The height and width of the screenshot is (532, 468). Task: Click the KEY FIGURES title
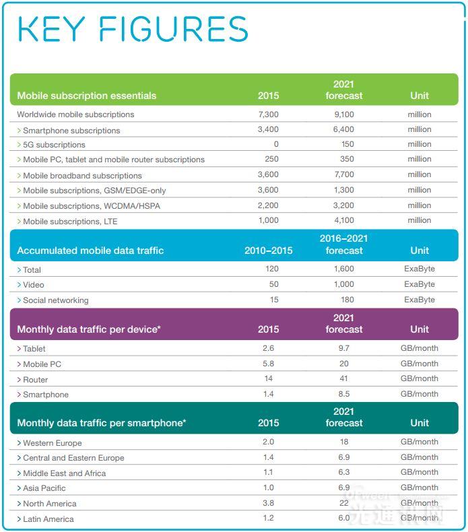point(133,29)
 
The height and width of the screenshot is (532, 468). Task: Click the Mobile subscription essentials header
point(86,96)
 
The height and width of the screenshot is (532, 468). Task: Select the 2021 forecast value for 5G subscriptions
point(343,145)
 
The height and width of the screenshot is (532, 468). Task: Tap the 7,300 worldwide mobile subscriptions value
point(268,114)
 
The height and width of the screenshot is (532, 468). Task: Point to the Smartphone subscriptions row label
point(71,131)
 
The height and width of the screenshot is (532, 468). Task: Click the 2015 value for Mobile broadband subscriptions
point(268,175)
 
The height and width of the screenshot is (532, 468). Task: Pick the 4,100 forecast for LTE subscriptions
point(343,220)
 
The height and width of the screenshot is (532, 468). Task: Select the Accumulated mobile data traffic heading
point(90,251)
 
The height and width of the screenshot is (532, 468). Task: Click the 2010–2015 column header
point(268,251)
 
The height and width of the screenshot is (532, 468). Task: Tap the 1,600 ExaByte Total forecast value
point(343,269)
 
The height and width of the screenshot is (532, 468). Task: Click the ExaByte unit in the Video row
point(419,284)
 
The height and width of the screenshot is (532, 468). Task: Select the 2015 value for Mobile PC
point(268,364)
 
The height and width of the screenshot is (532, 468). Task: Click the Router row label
point(36,380)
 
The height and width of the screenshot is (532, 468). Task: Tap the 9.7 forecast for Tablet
point(343,348)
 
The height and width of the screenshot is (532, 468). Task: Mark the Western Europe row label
point(52,443)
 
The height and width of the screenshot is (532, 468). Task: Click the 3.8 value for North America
point(268,503)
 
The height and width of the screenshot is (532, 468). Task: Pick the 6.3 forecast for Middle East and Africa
point(343,472)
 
